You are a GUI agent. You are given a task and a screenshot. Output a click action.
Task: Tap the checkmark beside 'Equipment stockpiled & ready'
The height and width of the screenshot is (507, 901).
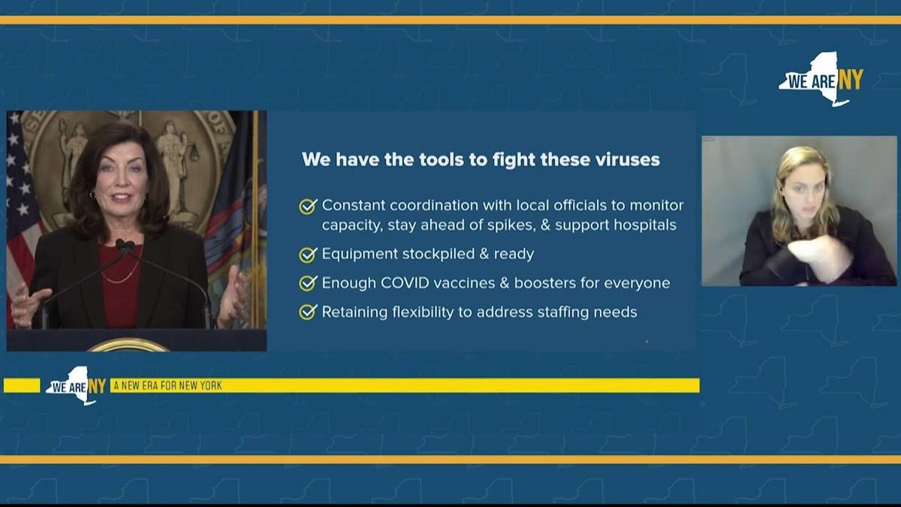(308, 255)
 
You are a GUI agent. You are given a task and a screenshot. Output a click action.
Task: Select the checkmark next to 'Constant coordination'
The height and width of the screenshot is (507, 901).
(308, 206)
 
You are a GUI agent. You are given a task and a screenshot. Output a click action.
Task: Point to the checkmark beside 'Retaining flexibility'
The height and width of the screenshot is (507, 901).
(308, 312)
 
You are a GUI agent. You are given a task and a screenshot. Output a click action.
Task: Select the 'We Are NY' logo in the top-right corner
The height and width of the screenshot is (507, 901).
(821, 80)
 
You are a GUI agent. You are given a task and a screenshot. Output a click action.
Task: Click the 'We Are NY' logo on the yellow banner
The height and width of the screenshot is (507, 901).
(75, 385)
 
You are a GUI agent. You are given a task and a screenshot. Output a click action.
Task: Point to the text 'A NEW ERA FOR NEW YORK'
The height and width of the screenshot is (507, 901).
(167, 385)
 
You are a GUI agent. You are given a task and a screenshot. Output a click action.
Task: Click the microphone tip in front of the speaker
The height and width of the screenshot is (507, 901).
(122, 244)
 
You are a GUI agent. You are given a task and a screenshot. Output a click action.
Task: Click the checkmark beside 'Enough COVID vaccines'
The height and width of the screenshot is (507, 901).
(308, 283)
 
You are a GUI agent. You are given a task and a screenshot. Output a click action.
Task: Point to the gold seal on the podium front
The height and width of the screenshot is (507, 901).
(128, 346)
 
